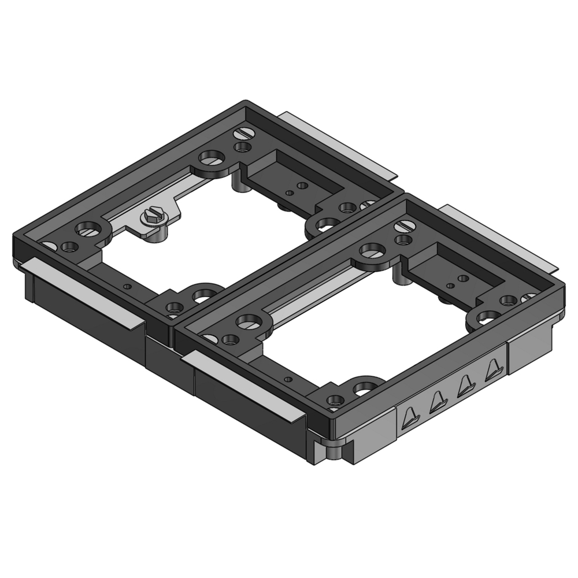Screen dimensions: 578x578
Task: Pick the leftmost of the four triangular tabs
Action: (409, 417)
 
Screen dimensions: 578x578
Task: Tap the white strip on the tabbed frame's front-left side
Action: (243, 384)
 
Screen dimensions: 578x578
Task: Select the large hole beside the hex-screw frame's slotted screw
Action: (212, 157)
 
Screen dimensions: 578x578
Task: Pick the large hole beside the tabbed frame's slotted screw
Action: (373, 250)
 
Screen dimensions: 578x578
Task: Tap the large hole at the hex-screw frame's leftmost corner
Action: (88, 229)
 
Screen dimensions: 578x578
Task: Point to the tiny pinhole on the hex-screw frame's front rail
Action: (128, 286)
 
